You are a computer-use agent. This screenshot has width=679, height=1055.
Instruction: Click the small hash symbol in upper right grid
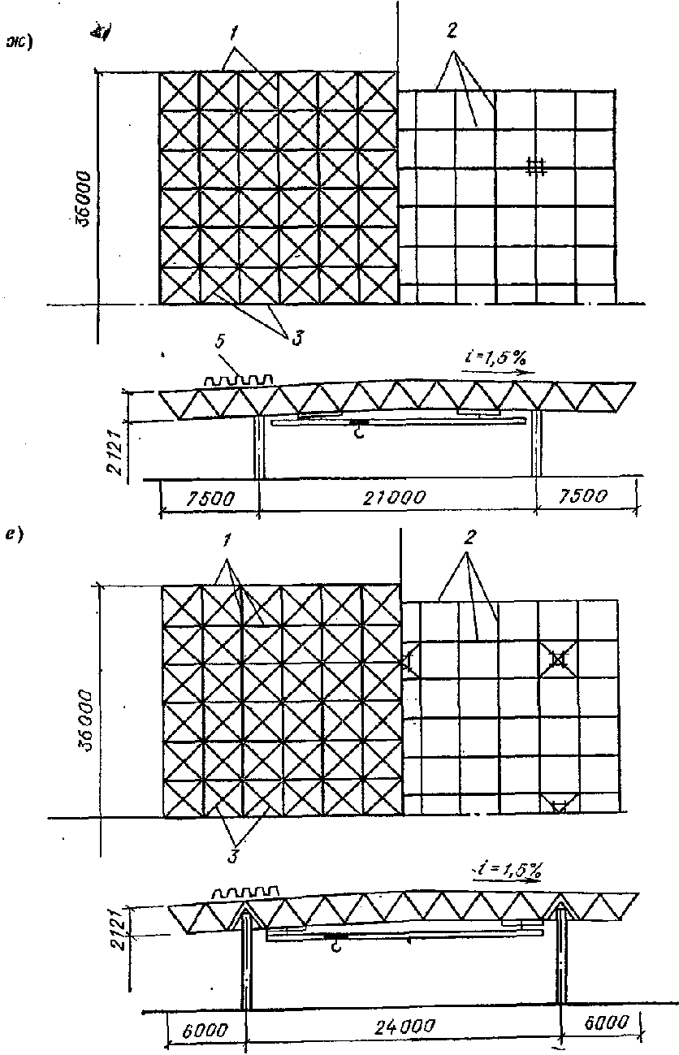[x=534, y=167]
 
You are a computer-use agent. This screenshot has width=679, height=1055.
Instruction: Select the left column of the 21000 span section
[x=259, y=447]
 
